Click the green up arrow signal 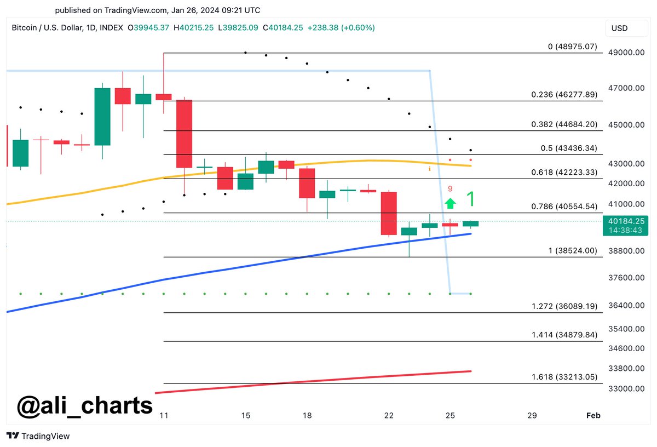[450, 204]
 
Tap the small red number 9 [450, 189]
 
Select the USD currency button [620, 28]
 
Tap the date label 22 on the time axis [389, 416]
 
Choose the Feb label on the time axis [593, 416]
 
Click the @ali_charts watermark [85, 406]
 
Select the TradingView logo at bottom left [38, 437]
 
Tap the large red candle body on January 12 [185, 133]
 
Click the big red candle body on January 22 [389, 214]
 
